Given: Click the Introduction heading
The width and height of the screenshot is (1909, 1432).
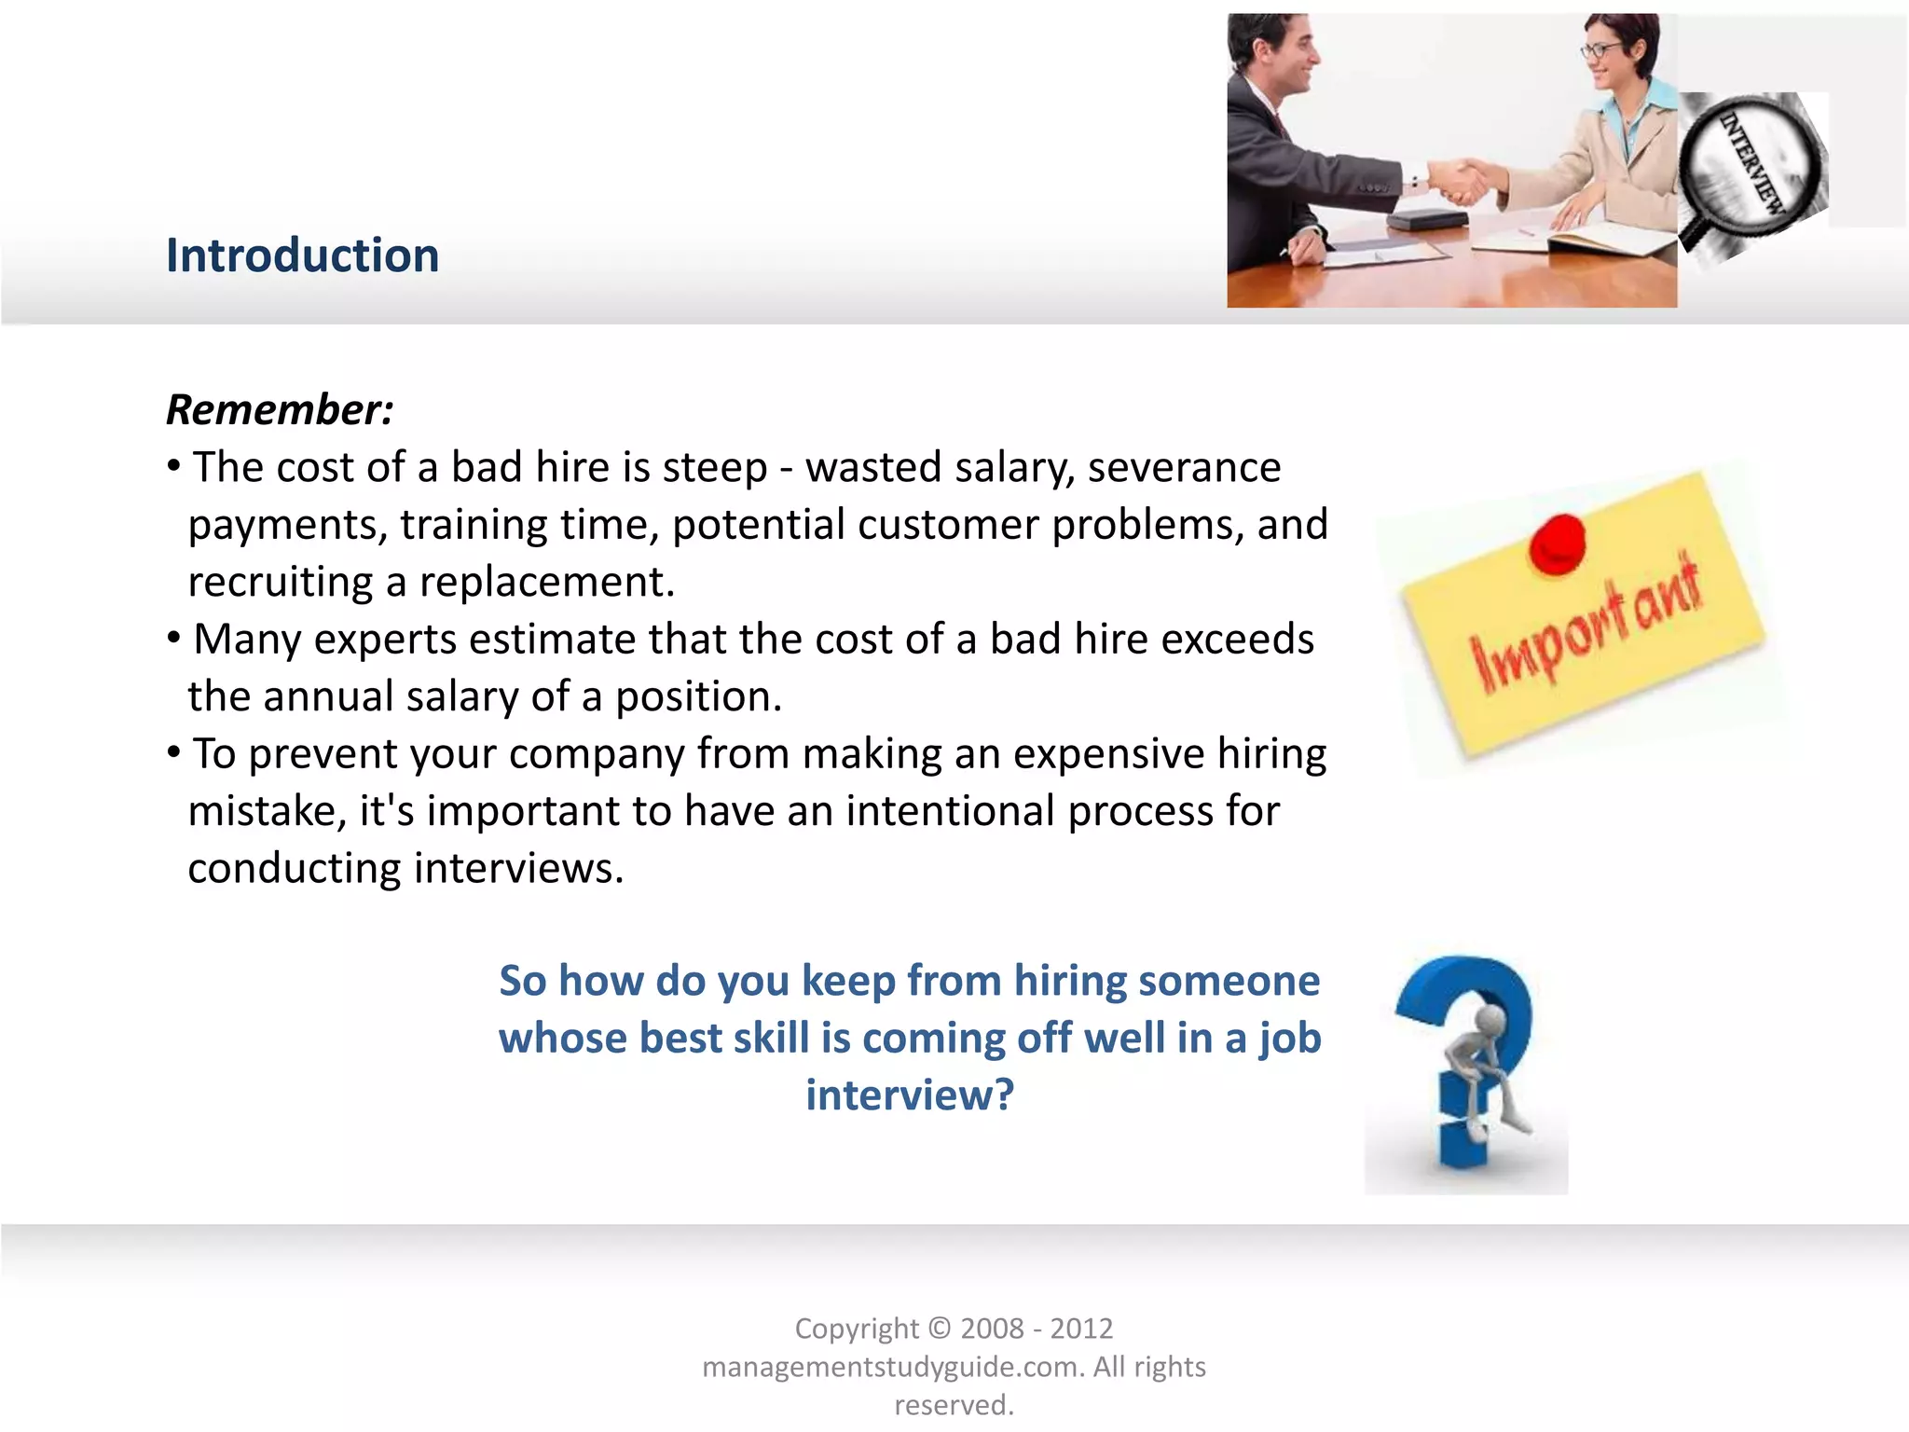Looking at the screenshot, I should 302,255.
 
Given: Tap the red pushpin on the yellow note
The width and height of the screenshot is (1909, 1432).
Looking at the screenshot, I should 1557,544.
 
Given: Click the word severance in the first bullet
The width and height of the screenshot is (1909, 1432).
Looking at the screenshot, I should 1184,467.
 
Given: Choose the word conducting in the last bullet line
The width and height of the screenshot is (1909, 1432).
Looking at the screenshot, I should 294,868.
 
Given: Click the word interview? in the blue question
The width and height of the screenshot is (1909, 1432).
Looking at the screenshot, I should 909,1095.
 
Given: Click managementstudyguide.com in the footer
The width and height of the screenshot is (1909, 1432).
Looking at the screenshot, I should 892,1367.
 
